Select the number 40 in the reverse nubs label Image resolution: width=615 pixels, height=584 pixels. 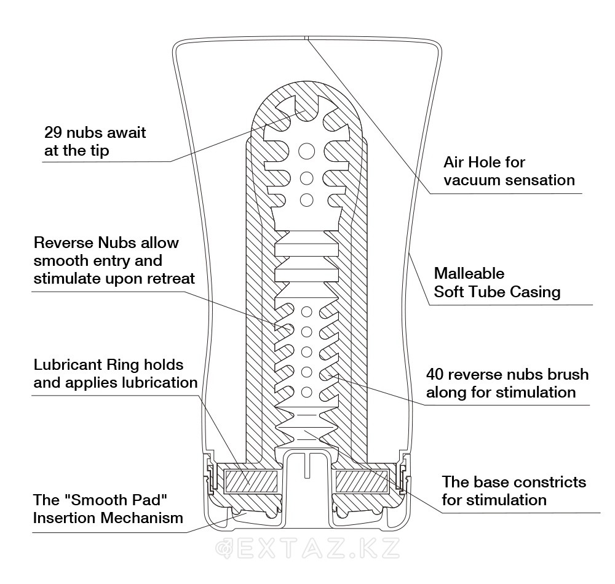(x=437, y=374)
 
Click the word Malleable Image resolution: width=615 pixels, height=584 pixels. (x=469, y=273)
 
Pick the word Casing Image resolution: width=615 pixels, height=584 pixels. (x=536, y=292)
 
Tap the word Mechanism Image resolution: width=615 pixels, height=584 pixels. (x=148, y=518)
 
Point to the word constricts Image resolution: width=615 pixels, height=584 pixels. (x=549, y=482)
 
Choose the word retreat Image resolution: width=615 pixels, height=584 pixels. (x=170, y=278)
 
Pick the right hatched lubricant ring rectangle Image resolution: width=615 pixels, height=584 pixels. (x=360, y=480)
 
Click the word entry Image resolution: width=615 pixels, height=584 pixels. (x=123, y=260)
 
